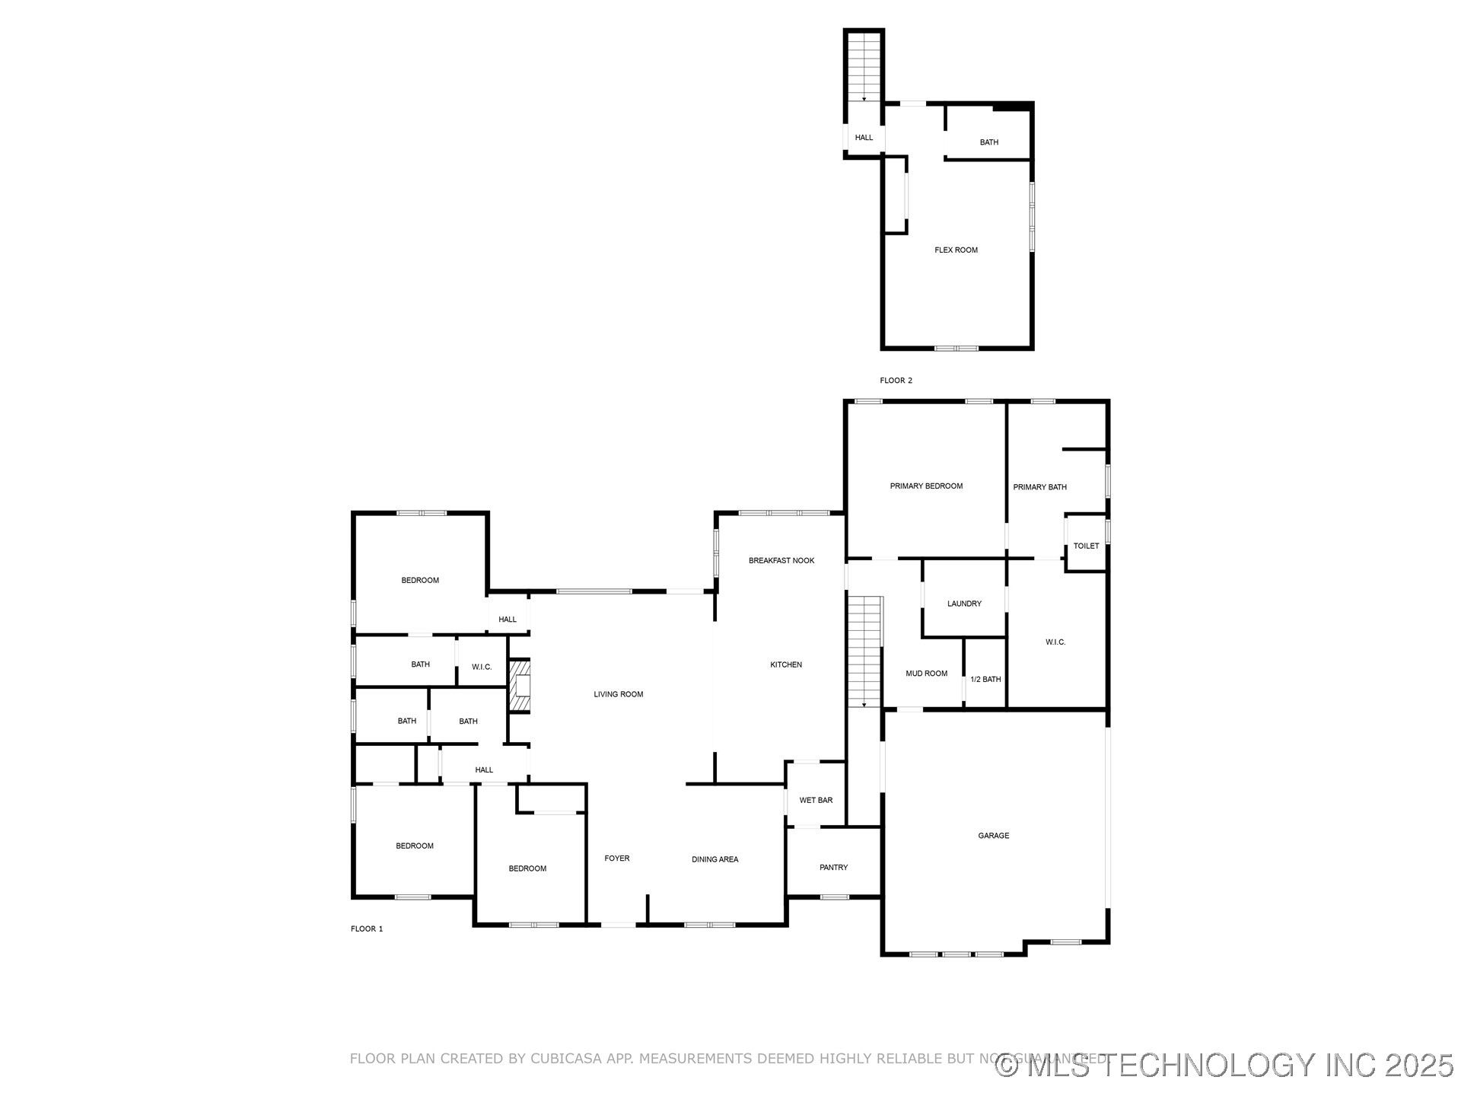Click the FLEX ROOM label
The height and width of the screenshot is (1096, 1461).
tap(956, 250)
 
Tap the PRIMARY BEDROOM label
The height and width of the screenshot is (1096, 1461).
tap(926, 486)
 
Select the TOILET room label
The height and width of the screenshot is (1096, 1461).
tap(1086, 546)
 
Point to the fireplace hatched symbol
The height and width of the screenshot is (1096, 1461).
tap(520, 686)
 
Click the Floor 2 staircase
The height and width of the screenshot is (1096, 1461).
tap(864, 67)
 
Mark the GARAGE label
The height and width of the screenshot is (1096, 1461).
tap(993, 836)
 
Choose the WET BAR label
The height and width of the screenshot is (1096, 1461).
tap(816, 801)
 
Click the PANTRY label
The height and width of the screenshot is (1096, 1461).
tap(833, 868)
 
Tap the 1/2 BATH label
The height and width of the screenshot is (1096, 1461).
tap(985, 680)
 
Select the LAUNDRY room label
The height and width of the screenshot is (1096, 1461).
tap(964, 604)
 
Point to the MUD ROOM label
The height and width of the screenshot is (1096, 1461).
tap(926, 674)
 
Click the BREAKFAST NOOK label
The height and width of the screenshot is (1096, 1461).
tap(781, 561)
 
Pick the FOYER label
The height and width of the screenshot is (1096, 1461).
tap(616, 859)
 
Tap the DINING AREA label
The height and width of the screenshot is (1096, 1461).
tap(715, 860)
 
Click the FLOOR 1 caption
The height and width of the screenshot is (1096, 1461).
tap(367, 929)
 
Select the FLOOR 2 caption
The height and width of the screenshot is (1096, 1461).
tap(896, 381)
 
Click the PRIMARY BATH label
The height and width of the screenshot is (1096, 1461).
tap(1039, 487)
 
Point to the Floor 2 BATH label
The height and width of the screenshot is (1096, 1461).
tap(988, 142)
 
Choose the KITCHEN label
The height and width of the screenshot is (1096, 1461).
tap(785, 665)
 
